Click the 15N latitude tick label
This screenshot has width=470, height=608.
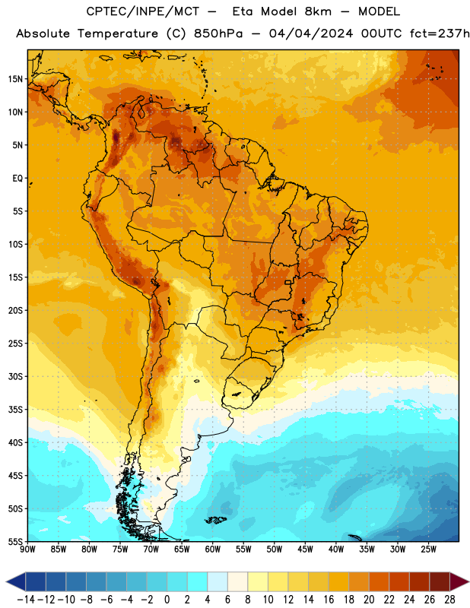point(15,79)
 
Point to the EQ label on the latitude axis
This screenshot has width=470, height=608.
point(17,179)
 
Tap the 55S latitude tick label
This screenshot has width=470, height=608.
point(15,541)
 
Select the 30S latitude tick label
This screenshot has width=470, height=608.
point(15,376)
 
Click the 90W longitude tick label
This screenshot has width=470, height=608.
point(27,549)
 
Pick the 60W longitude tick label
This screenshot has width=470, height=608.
point(213,549)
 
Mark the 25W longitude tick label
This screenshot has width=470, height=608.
point(428,549)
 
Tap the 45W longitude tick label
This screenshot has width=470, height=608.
point(305,549)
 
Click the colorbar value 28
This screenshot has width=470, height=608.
point(449,600)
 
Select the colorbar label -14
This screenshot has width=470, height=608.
point(26,600)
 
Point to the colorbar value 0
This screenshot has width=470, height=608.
point(167,600)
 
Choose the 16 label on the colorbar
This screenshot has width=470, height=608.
point(329,600)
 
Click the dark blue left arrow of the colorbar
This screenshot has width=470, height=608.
point(16,581)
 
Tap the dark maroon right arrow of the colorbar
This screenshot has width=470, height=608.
point(459,581)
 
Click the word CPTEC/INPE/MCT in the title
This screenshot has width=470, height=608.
point(142,11)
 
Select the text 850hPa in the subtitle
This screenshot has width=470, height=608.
point(218,34)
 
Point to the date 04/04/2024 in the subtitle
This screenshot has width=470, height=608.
point(311,33)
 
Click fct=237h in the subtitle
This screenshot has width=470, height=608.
point(440,33)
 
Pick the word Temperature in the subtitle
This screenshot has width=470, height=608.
point(118,34)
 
